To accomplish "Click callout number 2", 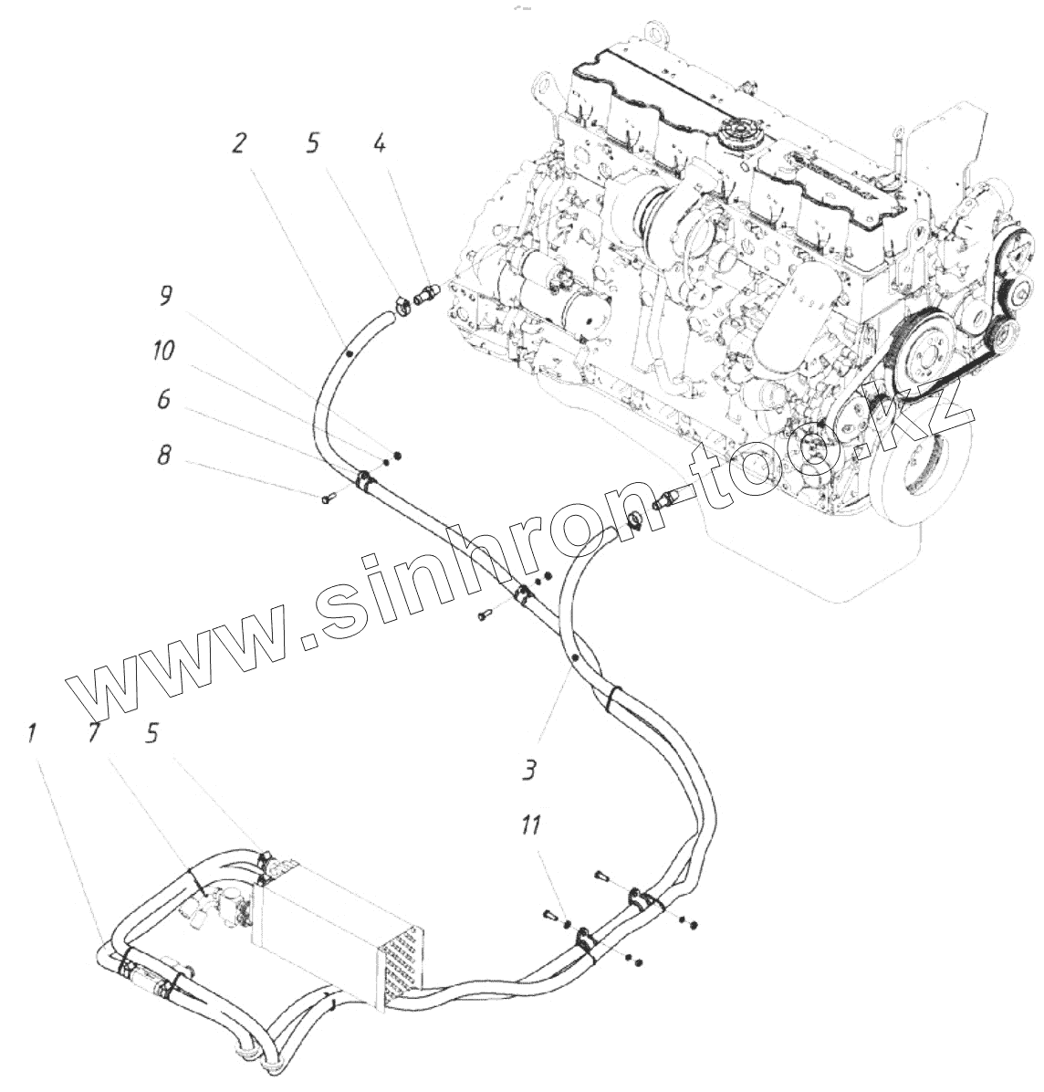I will tap(238, 142).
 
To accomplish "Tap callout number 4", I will tap(379, 143).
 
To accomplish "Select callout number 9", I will tap(165, 295).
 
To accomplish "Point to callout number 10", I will tap(165, 351).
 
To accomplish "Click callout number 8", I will tap(164, 455).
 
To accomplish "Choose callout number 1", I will tap(33, 733).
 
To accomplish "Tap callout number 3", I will tap(528, 772).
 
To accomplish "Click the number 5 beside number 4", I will tap(312, 143).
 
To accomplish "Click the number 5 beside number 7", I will tap(151, 733).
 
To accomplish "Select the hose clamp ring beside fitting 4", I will tap(402, 304).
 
